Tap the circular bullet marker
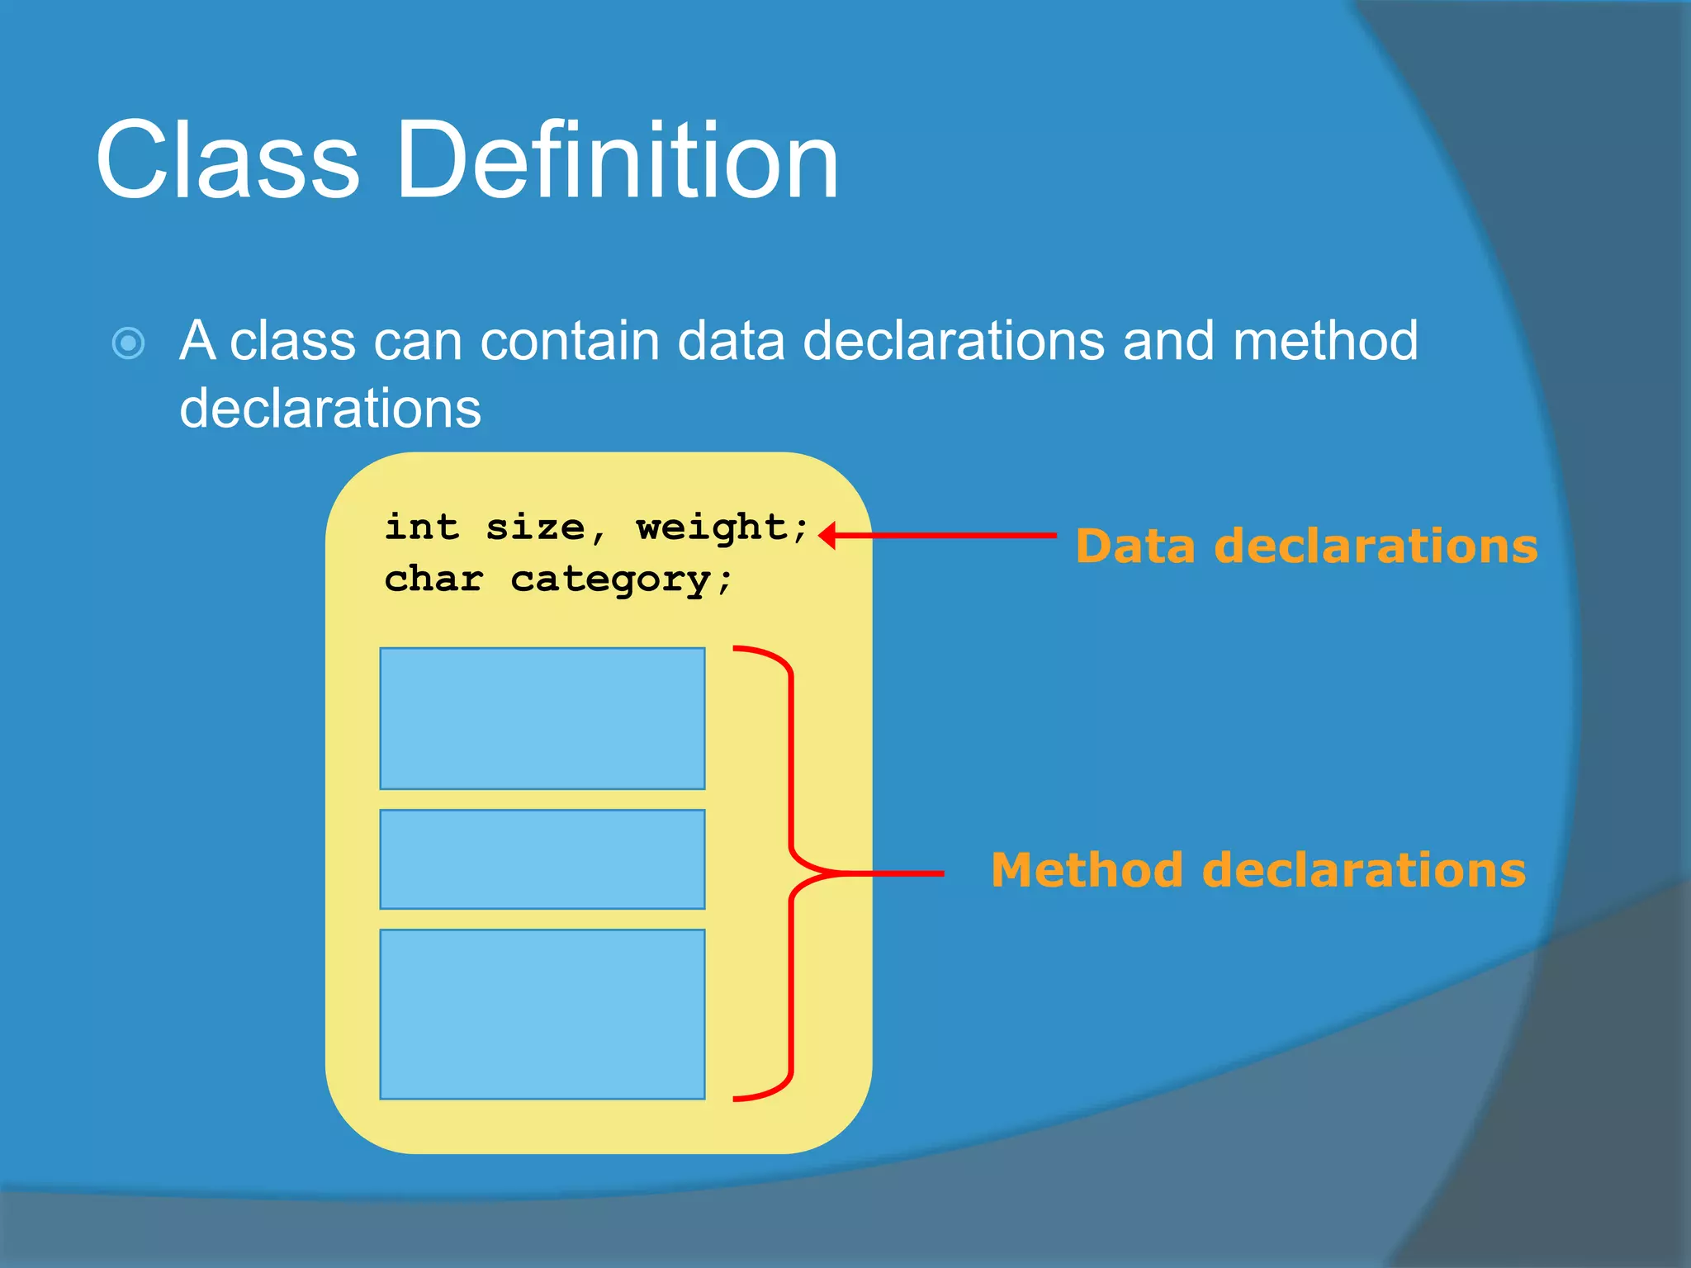coord(129,343)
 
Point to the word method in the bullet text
coord(1324,340)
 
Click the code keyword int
coord(421,527)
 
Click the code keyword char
coord(433,579)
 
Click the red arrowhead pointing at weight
coord(828,536)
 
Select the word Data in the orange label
coord(1135,546)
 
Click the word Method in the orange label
coord(1087,870)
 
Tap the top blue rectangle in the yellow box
coord(542,718)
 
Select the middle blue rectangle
coord(542,859)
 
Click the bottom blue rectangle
coord(542,1015)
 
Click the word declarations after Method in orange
coord(1363,870)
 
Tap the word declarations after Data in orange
coord(1376,546)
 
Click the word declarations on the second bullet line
coord(330,408)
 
